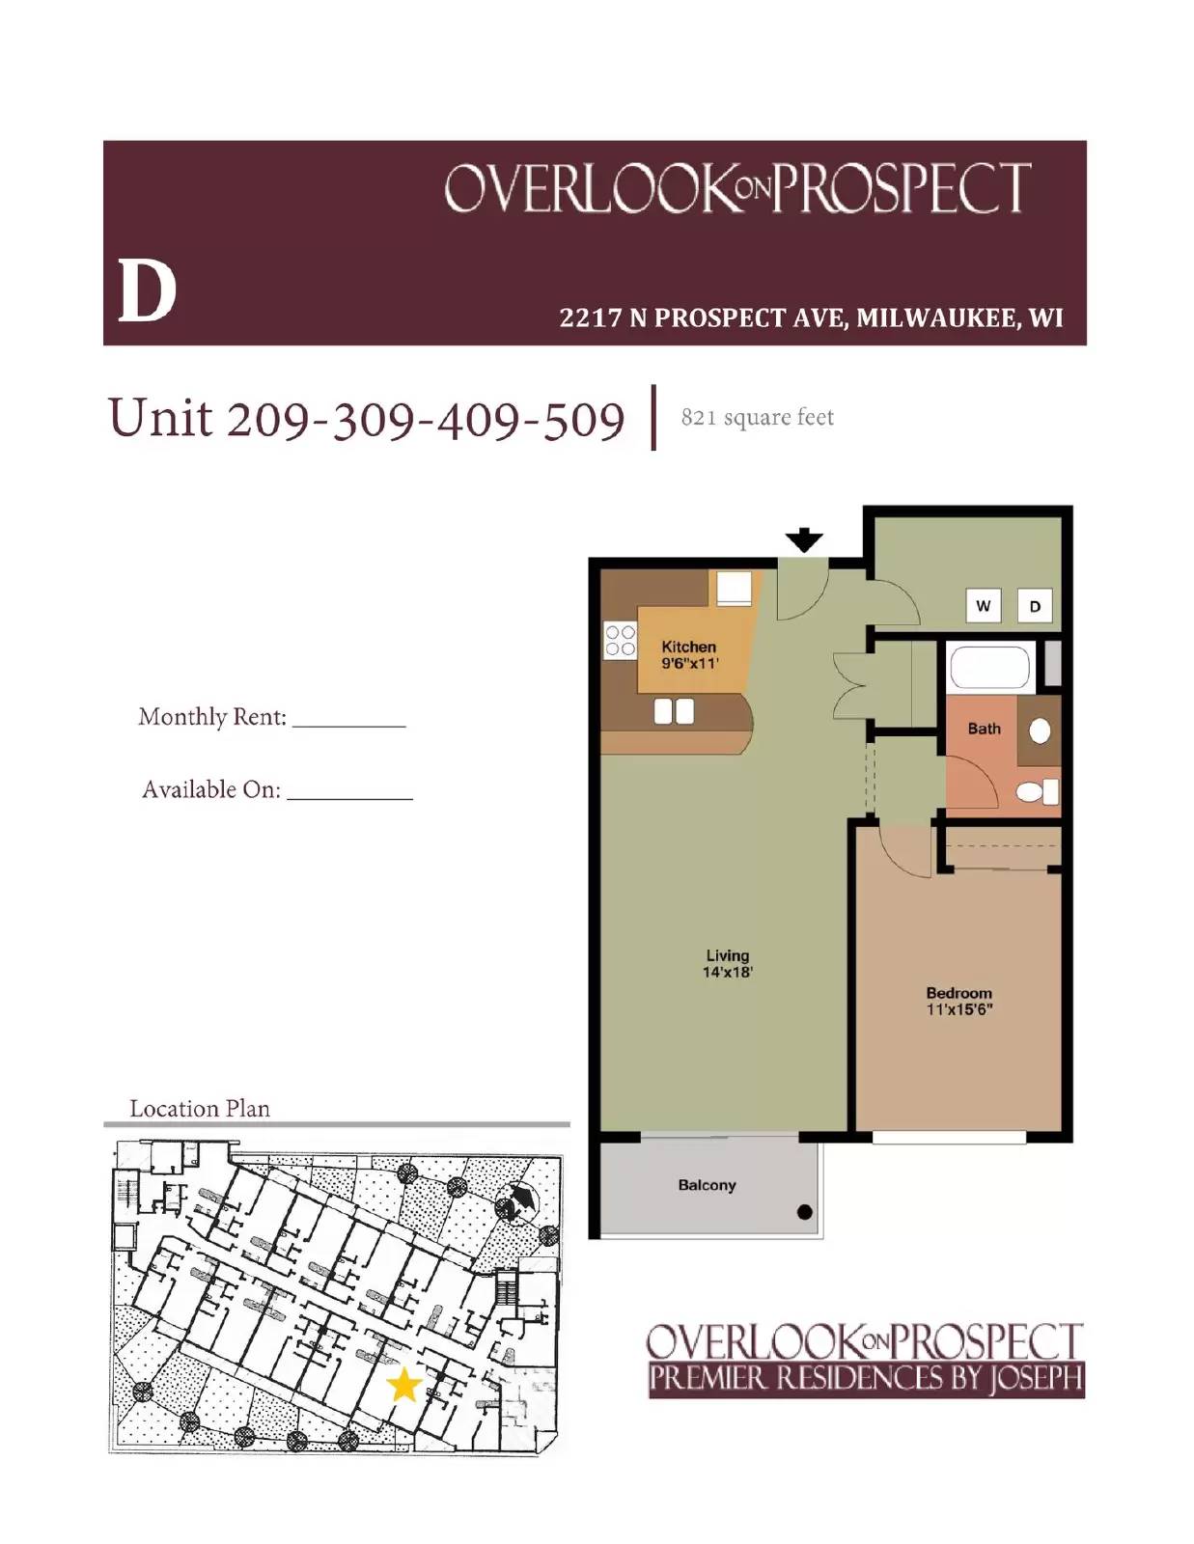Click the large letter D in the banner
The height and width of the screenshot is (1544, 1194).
coord(147,290)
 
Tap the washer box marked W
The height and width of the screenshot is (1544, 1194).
coord(983,606)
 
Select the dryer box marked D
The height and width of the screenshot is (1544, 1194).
coord(1035,606)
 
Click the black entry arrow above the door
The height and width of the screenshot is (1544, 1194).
coord(803,540)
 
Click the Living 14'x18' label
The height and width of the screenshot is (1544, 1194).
coord(727,963)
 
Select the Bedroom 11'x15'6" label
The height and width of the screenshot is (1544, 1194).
coord(958,1001)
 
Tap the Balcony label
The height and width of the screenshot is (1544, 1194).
coord(707,1185)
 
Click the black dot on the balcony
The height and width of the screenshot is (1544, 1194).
coord(804,1213)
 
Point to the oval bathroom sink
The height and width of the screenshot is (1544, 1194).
coord(1040,731)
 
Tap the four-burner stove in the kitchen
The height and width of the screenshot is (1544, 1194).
coord(620,641)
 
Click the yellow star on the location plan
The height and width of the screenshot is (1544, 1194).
coord(403,1385)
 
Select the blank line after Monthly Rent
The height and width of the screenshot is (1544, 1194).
coord(348,721)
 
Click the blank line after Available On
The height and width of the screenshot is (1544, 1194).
coord(349,794)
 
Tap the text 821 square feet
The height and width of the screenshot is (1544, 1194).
coord(757,418)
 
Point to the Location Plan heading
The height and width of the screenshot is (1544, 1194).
coord(200,1109)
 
